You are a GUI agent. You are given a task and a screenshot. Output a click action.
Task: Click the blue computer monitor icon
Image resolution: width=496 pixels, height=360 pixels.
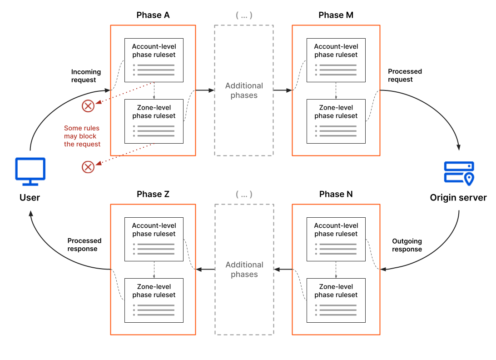[30, 171]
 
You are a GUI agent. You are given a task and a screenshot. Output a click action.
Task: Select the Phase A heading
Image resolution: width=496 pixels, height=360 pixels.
[153, 15]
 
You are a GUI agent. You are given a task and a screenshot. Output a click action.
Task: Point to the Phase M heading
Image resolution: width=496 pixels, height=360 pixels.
[336, 15]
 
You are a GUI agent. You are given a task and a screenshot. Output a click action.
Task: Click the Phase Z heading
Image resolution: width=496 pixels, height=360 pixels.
[153, 194]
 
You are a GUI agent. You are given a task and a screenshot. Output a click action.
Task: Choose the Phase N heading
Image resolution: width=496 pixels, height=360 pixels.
[336, 194]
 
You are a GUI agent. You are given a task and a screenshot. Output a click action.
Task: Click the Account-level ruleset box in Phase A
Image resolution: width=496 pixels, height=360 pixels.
[154, 60]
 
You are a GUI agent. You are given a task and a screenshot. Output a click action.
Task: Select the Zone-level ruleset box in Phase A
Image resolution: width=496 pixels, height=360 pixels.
[154, 121]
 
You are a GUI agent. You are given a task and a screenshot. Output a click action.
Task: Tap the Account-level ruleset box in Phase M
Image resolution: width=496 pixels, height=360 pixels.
[336, 60]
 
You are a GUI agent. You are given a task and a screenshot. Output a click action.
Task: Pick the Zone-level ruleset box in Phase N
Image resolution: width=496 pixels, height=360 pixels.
[336, 300]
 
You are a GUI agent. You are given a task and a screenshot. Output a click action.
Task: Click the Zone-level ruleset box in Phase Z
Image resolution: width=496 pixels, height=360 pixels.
[154, 300]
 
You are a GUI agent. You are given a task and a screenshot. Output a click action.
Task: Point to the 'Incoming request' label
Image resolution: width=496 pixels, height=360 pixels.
[86, 76]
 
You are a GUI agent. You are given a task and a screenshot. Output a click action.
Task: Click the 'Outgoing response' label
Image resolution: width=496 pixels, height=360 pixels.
[407, 245]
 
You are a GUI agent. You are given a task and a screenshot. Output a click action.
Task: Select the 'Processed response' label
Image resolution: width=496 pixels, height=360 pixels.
[84, 245]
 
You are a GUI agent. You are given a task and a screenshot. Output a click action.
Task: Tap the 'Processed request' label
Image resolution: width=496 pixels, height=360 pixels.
[405, 75]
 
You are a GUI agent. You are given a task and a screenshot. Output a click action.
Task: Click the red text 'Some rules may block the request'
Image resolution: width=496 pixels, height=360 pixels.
[82, 136]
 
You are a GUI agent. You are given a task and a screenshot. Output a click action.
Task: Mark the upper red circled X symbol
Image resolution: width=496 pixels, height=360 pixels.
[88, 106]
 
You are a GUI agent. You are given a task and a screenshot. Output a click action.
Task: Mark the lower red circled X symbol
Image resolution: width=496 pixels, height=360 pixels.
[88, 167]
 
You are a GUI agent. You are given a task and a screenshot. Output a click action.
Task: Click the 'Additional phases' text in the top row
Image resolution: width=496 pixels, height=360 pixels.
[244, 90]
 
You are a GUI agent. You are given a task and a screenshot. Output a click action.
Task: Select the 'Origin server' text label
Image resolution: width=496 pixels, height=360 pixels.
[458, 198]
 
